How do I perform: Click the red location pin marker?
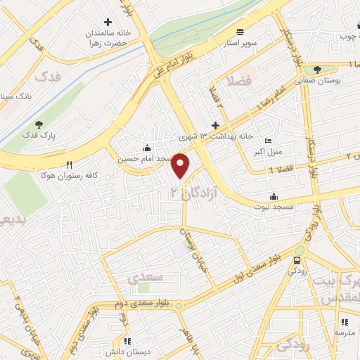tap(181, 165)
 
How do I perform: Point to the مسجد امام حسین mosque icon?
tap(146, 148)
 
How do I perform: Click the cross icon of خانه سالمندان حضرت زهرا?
tap(108, 22)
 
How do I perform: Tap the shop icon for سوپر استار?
tap(240, 32)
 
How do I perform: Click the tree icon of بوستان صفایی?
tap(318, 70)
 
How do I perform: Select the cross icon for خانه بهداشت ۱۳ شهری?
tap(215, 124)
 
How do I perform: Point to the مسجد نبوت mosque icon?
tap(273, 196)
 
